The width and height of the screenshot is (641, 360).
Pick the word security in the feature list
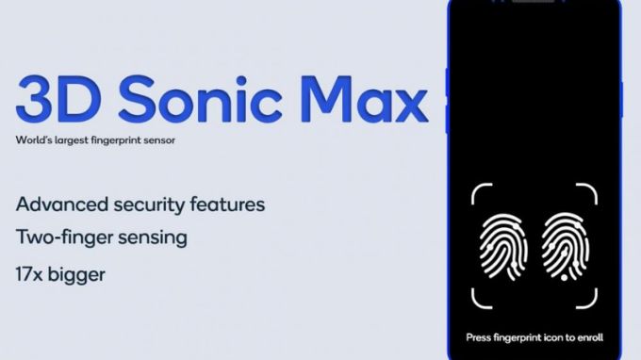click(x=151, y=204)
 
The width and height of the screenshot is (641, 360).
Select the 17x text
click(x=31, y=276)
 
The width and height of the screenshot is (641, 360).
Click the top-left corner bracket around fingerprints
click(x=478, y=191)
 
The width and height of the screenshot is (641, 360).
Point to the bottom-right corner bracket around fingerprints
click(x=589, y=300)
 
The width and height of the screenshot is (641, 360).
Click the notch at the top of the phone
click(x=533, y=3)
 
